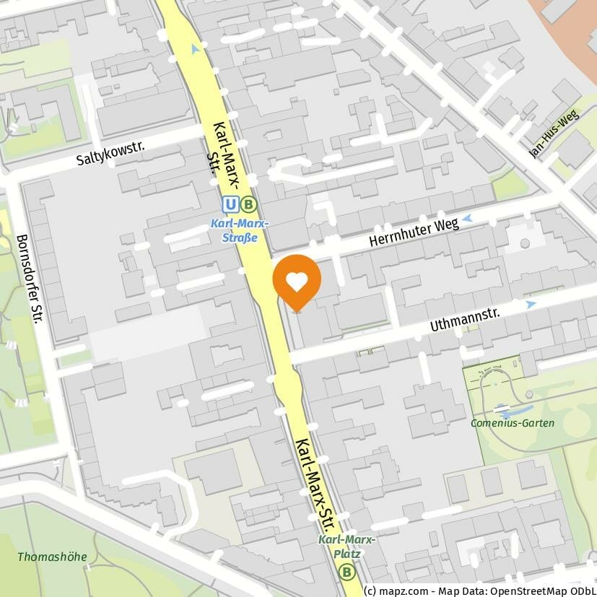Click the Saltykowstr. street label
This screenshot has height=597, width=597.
coord(110,154)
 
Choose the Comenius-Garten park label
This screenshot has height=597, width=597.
coord(513,423)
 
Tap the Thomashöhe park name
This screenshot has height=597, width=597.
coord(52,557)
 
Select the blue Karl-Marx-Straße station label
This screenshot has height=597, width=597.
coord(240,230)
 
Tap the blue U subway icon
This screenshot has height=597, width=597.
coord(230,205)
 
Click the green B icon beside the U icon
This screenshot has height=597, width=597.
coord(248,205)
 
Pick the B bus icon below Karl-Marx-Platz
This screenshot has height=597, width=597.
coord(348,572)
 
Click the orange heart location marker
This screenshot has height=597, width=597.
coord(297,281)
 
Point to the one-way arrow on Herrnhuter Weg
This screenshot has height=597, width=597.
coord(468,217)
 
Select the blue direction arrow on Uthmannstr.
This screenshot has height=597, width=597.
coord(531,305)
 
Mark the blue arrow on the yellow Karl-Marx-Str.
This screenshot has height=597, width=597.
coord(195,49)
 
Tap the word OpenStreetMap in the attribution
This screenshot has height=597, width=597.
coord(531,590)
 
